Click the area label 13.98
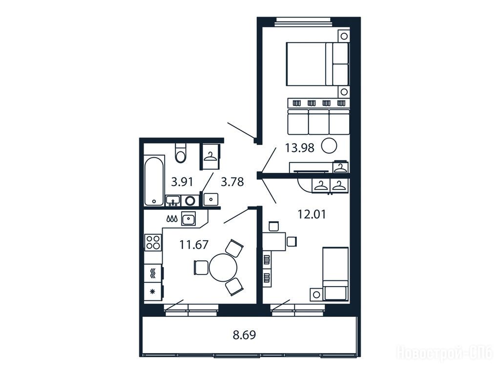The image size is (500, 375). (299, 148)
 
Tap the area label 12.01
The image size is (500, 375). (312, 214)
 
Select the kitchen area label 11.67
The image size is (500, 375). (193, 245)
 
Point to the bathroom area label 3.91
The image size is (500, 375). (182, 182)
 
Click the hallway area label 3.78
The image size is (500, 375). (232, 182)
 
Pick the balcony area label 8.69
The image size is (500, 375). (244, 335)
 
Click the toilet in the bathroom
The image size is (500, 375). (181, 153)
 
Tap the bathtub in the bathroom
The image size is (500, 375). (154, 181)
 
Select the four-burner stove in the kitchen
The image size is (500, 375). (153, 242)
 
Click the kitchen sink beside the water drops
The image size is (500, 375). (188, 219)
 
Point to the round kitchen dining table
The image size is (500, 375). (223, 267)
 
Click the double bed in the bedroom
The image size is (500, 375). (317, 64)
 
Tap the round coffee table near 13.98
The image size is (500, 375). (329, 146)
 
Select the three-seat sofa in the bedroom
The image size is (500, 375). (318, 122)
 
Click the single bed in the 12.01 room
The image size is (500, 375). (335, 273)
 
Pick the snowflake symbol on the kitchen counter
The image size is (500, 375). (152, 291)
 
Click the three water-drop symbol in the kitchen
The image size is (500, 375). (171, 219)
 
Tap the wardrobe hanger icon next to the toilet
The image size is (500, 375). (209, 157)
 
